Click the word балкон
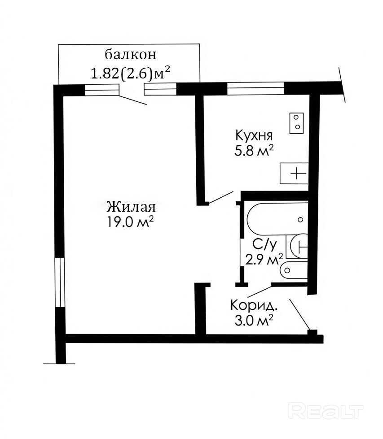(x=130, y=55)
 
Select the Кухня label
(x=254, y=135)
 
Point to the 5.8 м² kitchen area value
(x=254, y=151)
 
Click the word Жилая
(x=131, y=207)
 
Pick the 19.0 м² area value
(x=130, y=222)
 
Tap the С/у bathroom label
(x=264, y=245)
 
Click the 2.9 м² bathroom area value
(x=264, y=259)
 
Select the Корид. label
(x=254, y=305)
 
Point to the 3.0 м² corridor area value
(x=254, y=321)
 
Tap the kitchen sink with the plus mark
(x=294, y=173)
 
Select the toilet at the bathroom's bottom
(x=294, y=270)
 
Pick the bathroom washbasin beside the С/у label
(x=297, y=246)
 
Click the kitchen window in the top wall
(x=255, y=88)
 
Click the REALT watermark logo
(x=326, y=411)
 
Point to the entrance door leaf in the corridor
(x=300, y=315)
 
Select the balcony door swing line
(x=133, y=100)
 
